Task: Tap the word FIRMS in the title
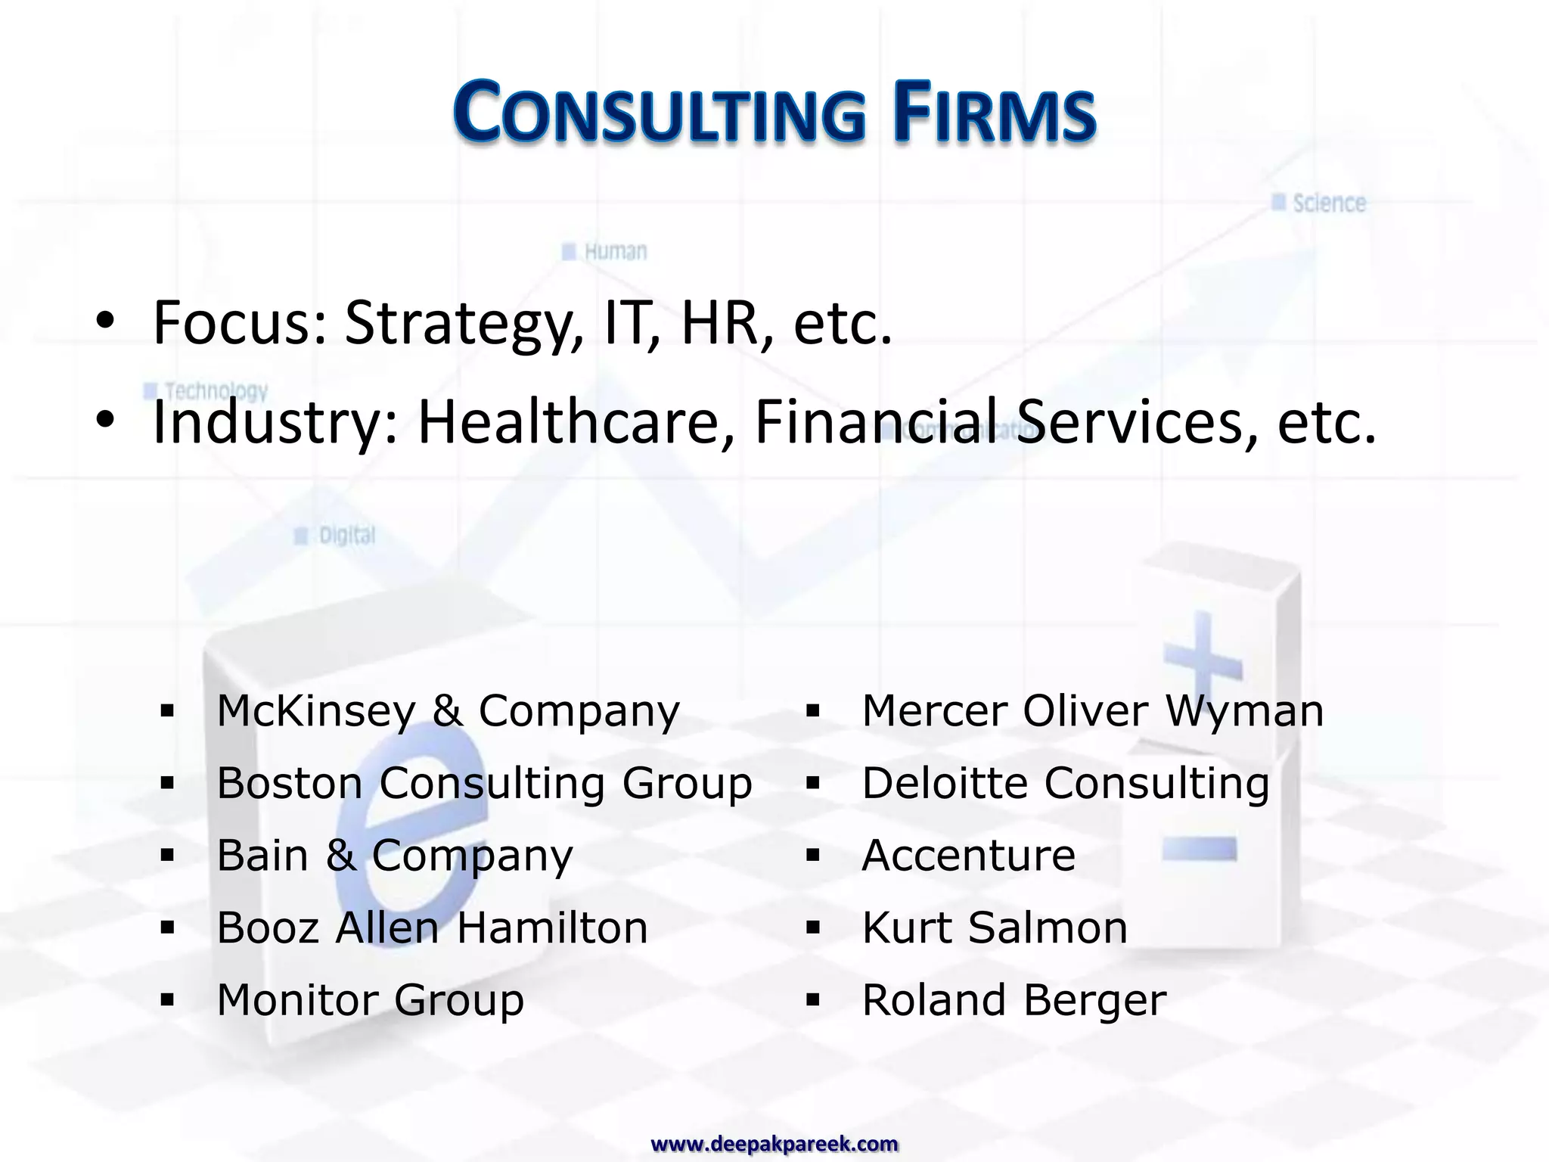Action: pos(994,114)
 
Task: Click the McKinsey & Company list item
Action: pos(448,711)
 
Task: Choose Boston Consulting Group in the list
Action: pos(484,783)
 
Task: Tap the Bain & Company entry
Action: pos(395,856)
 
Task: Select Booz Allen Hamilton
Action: pos(432,927)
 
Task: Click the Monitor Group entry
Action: pos(370,1000)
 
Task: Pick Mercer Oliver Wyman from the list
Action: pos(1092,711)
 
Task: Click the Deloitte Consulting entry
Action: pos(1065,783)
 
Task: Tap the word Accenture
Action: pos(968,856)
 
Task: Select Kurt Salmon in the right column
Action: pos(995,927)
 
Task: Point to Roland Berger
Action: pos(1014,1000)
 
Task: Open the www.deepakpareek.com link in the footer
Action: pos(774,1144)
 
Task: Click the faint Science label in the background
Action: pos(1328,204)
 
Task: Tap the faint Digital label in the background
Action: pos(346,536)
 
